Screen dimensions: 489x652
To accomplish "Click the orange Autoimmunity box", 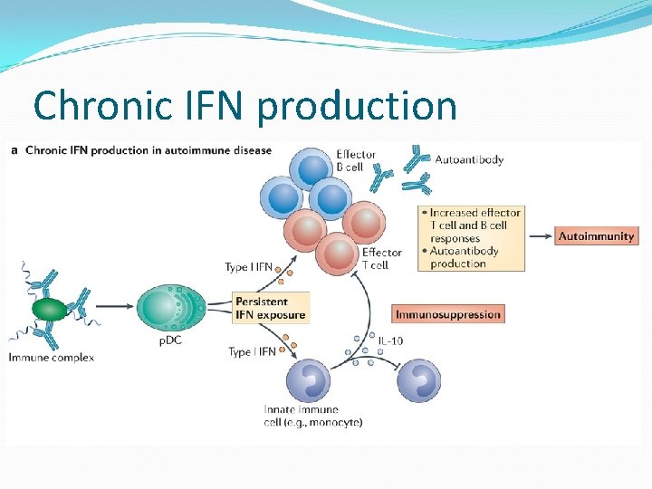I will pyautogui.click(x=596, y=236).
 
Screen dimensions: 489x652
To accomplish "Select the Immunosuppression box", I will pyautogui.click(x=447, y=314).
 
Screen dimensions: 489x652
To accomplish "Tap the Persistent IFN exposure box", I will pyautogui.click(x=270, y=308).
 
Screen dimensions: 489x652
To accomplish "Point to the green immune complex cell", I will pyautogui.click(x=50, y=310).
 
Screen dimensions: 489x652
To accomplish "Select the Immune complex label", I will pyautogui.click(x=51, y=357).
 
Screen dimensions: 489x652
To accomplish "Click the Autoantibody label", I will pyautogui.click(x=469, y=159).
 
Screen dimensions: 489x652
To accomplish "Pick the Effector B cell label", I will pyautogui.click(x=356, y=160).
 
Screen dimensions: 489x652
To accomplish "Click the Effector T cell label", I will pyautogui.click(x=381, y=258).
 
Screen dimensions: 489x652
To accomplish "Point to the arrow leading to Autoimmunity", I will pyautogui.click(x=540, y=236).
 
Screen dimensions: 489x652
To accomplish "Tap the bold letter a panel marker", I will pyautogui.click(x=15, y=150).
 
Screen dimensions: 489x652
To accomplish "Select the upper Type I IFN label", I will pyautogui.click(x=250, y=266).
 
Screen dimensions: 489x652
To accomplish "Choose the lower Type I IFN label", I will pyautogui.click(x=252, y=351).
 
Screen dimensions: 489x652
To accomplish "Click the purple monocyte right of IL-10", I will pyautogui.click(x=419, y=380).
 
